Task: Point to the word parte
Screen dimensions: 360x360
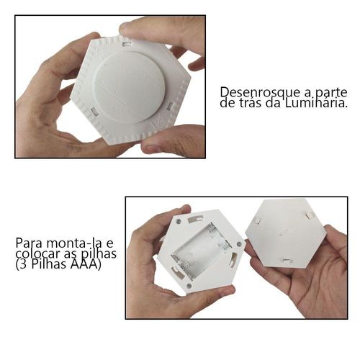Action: click(331, 93)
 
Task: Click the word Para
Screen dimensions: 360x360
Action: click(30, 243)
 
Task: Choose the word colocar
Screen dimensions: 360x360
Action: click(35, 254)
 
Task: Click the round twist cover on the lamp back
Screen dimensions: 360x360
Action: click(130, 87)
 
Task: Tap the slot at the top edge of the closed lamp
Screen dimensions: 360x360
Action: click(127, 44)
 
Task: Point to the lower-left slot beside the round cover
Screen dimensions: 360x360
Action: click(94, 112)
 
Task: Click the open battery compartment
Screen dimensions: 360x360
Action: click(201, 251)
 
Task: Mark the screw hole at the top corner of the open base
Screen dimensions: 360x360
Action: click(178, 221)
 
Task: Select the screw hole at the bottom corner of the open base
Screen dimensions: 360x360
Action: click(189, 286)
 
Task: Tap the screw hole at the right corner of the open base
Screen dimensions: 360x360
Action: click(239, 244)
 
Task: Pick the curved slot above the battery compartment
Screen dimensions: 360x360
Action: click(195, 219)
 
